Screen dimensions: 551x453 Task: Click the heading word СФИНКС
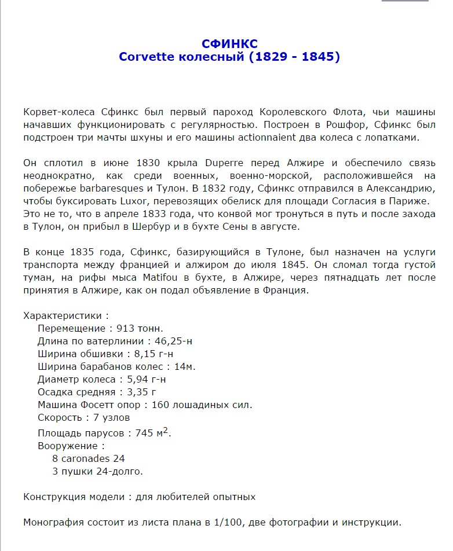pos(229,44)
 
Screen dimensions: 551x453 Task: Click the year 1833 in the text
pos(147,214)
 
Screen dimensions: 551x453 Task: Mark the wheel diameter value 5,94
pos(139,380)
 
